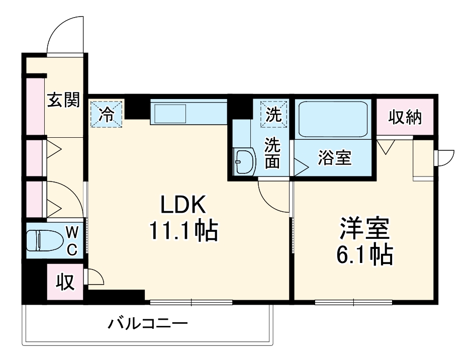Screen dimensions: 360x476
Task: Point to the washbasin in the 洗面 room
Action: point(245,161)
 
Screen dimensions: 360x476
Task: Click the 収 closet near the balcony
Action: point(65,282)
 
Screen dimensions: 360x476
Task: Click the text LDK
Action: point(182,205)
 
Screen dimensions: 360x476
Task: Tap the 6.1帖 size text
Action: point(364,256)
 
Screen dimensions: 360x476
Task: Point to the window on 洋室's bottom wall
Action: point(353,302)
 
